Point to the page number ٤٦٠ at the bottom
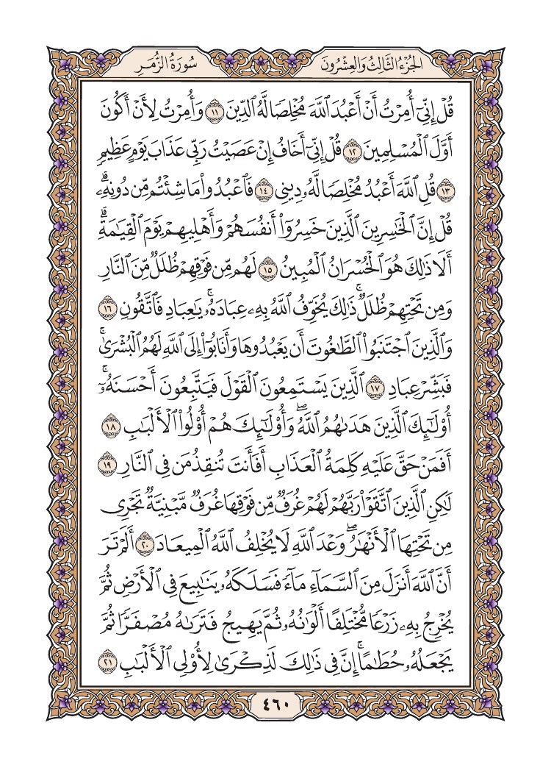[x=275, y=710]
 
